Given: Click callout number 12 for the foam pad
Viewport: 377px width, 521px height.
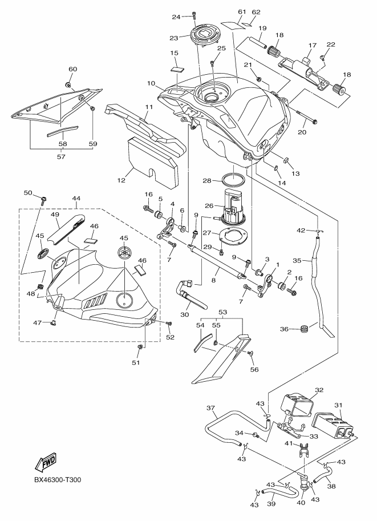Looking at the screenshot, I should pyautogui.click(x=120, y=180).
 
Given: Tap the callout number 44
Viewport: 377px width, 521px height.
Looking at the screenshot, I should pyautogui.click(x=76, y=198).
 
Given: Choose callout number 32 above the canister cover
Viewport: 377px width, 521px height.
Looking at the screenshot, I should pyautogui.click(x=319, y=390).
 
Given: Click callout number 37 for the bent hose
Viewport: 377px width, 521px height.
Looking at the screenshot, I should pyautogui.click(x=210, y=408).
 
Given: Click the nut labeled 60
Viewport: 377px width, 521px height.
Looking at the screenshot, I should pyautogui.click(x=69, y=86).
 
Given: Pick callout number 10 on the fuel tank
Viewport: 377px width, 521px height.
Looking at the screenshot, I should pyautogui.click(x=151, y=83).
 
